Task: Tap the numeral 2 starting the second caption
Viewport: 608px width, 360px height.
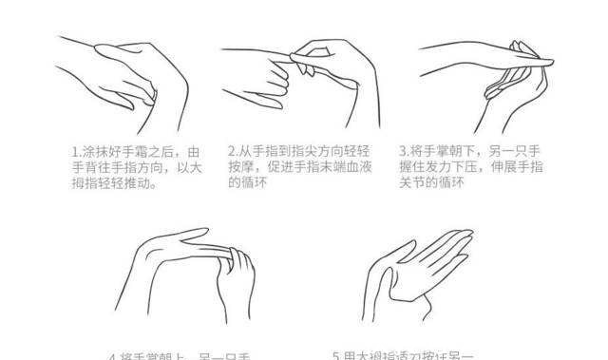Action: [x=232, y=151]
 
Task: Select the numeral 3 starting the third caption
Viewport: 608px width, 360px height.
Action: [x=402, y=151]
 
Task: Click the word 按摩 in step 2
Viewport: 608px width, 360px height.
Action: [x=242, y=167]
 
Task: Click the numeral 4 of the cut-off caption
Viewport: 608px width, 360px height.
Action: [x=112, y=356]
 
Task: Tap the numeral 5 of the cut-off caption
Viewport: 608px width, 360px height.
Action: [x=335, y=356]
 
